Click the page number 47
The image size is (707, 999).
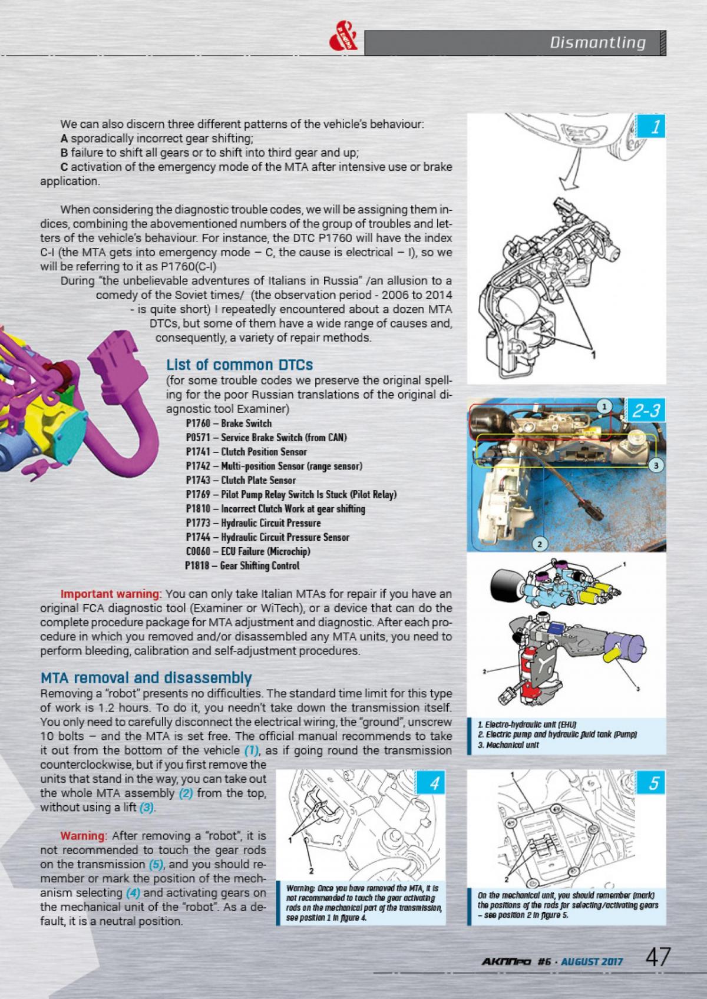tap(658, 957)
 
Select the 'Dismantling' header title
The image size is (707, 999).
tap(597, 42)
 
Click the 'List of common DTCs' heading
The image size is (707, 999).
tap(239, 365)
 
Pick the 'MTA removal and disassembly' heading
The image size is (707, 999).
tap(146, 677)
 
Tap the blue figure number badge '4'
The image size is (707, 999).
tap(434, 785)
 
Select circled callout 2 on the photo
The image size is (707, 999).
tap(539, 544)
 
